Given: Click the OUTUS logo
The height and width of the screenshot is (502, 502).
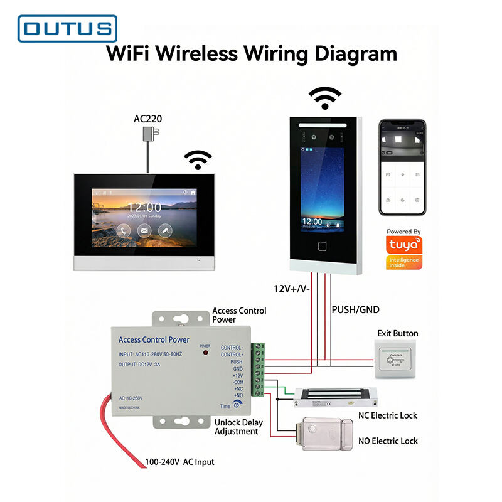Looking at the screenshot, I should [67, 28].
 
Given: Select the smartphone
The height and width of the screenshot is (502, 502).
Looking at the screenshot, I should [402, 168].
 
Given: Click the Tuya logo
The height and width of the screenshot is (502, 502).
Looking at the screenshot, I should [403, 245].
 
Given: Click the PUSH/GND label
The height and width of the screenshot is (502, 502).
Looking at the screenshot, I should [355, 309].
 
